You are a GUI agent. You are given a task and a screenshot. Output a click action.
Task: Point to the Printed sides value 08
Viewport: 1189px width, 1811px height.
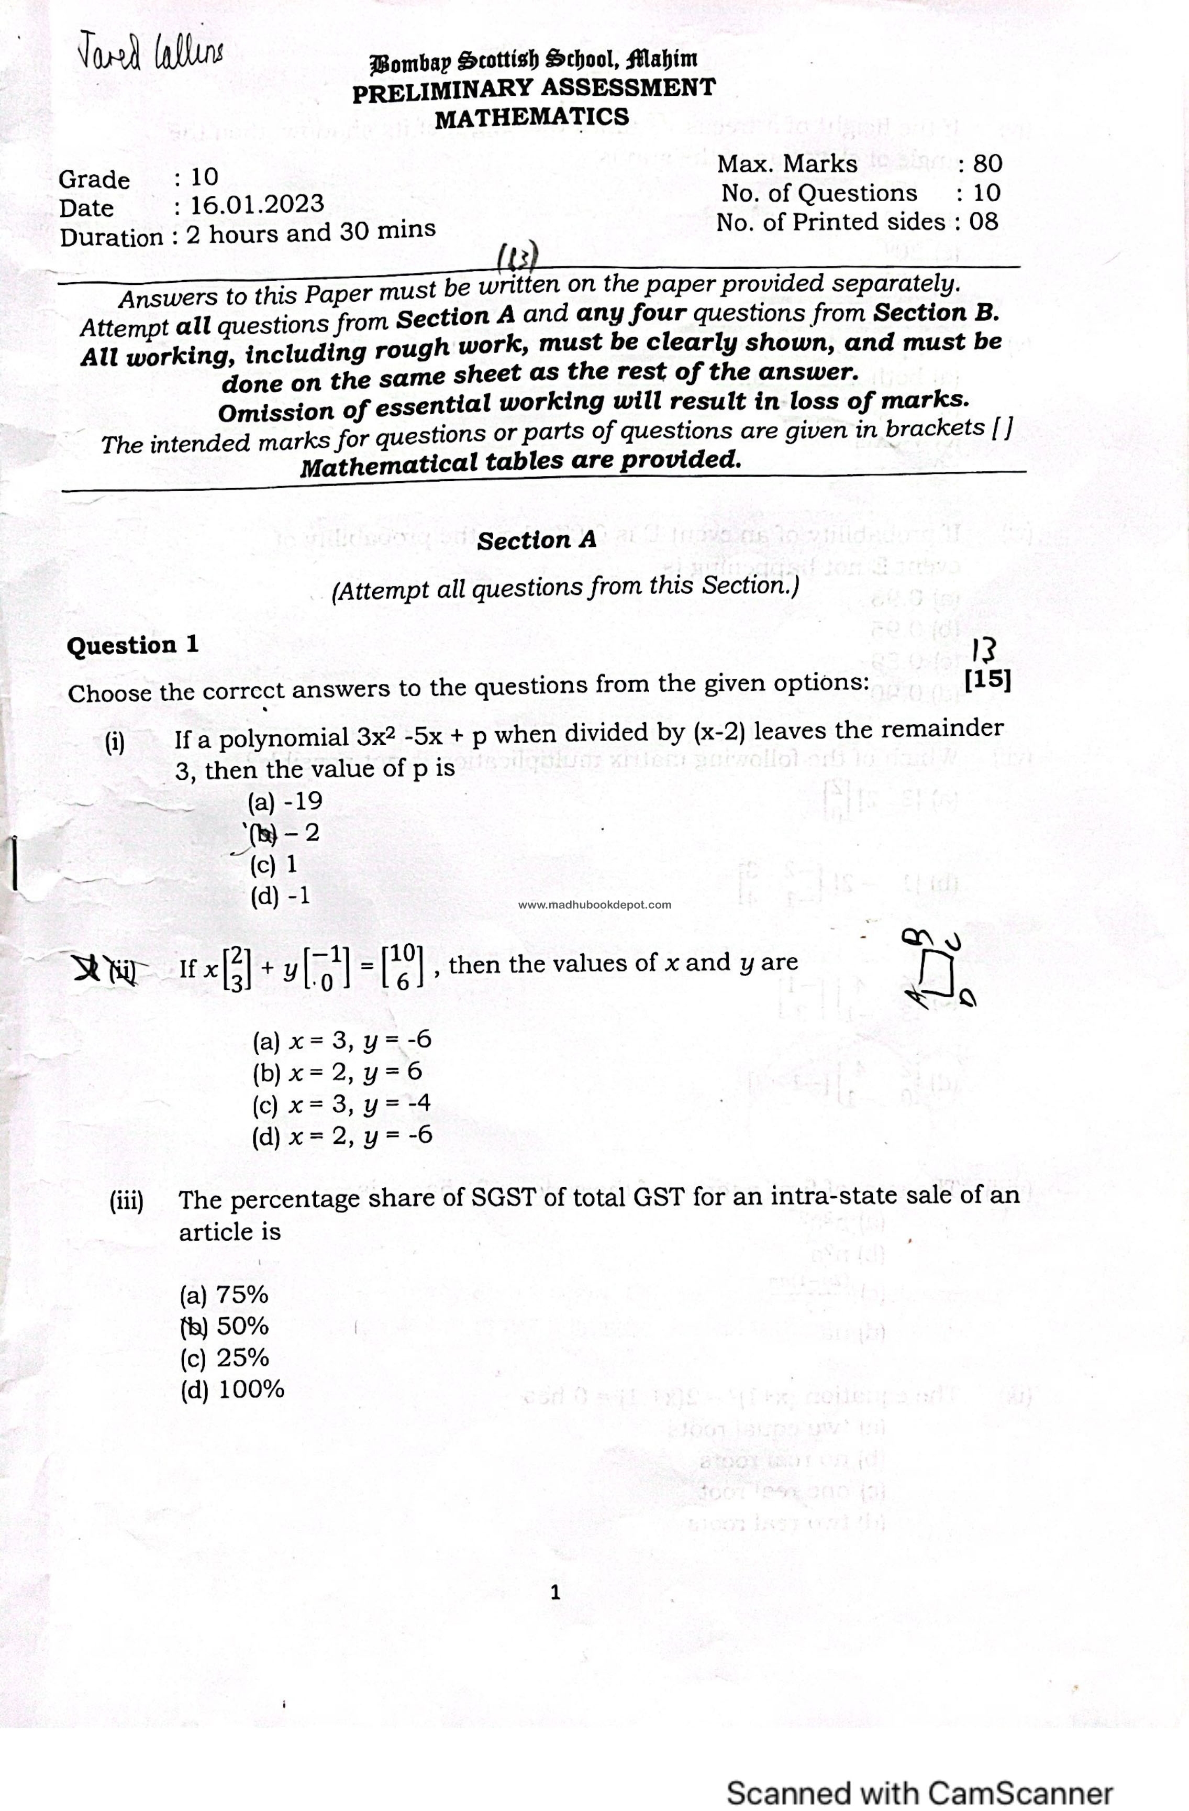click(x=983, y=222)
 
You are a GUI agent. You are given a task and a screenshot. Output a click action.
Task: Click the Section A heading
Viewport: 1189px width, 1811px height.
click(x=536, y=540)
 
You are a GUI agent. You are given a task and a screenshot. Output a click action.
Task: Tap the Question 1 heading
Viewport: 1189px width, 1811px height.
click(x=132, y=645)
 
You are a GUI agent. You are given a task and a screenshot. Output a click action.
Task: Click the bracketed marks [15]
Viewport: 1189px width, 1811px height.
click(x=987, y=679)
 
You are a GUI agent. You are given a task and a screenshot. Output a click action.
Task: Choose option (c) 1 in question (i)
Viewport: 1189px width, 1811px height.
click(x=273, y=865)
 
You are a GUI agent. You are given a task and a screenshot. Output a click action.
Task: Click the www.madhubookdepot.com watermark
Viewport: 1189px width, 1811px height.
click(x=594, y=905)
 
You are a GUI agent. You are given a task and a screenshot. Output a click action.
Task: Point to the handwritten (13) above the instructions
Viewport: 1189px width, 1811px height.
click(x=517, y=258)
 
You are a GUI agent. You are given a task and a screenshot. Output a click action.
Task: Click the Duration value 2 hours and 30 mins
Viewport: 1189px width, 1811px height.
click(x=310, y=232)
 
